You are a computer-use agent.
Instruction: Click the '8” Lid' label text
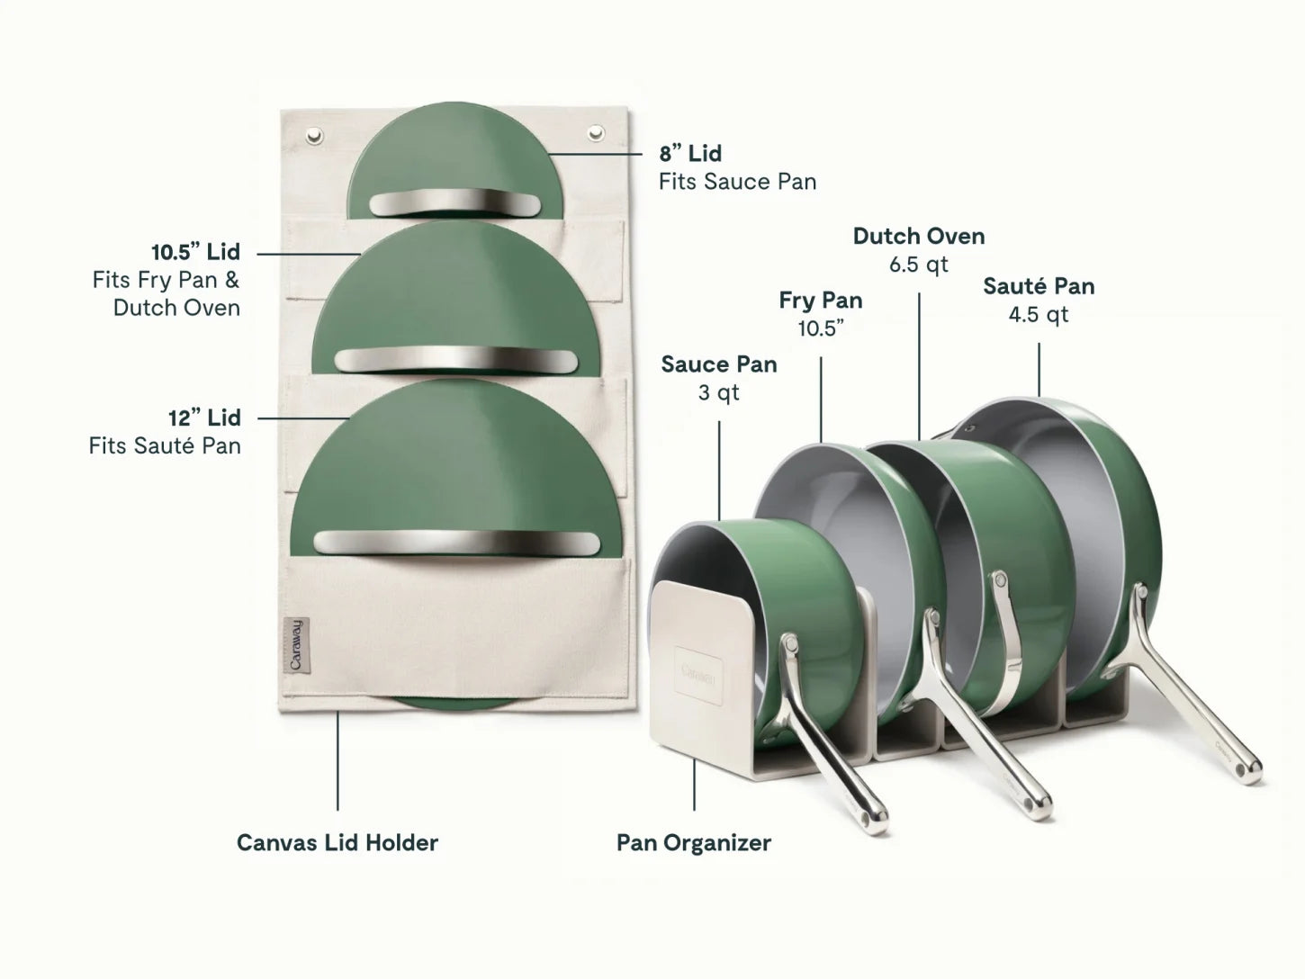tap(690, 153)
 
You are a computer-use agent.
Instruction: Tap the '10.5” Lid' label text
tap(195, 252)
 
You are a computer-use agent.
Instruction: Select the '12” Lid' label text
tap(204, 418)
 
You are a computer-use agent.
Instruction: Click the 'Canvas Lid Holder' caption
tap(337, 842)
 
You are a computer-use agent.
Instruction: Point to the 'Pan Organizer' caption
tap(694, 842)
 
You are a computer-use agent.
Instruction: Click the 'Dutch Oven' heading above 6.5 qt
tap(919, 236)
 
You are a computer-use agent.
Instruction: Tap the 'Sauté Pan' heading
tap(1039, 286)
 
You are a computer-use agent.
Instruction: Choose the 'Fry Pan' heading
tap(821, 301)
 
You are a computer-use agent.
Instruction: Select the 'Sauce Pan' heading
tap(719, 364)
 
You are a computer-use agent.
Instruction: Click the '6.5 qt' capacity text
tap(919, 265)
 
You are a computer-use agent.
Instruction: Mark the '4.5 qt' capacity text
tap(1038, 314)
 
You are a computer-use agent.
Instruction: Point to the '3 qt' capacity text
tap(718, 393)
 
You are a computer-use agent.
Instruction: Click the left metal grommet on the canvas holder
tap(314, 136)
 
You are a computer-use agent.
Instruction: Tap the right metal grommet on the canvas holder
tap(596, 133)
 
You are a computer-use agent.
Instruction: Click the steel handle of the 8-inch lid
tap(454, 202)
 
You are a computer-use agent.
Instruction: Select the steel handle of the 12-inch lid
tap(456, 543)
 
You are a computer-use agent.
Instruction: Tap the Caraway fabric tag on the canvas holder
tap(296, 645)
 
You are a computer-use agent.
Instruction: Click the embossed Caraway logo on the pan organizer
tap(698, 675)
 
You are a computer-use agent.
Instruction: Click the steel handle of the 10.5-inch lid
tap(456, 360)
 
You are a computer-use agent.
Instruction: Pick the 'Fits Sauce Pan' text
tap(737, 182)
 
